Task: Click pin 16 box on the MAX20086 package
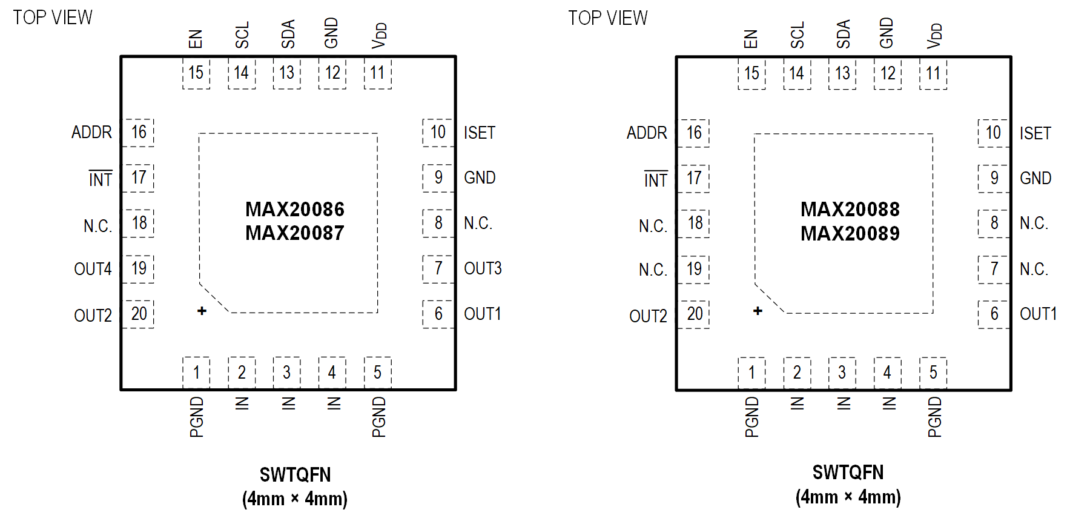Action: pyautogui.click(x=139, y=133)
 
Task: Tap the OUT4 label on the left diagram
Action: pyautogui.click(x=93, y=269)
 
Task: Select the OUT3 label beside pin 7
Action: pyautogui.click(x=483, y=268)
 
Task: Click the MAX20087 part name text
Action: pyautogui.click(x=294, y=233)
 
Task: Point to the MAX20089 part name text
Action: pyautogui.click(x=850, y=234)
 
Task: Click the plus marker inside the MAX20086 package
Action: pyautogui.click(x=202, y=311)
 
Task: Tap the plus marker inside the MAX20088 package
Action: pyautogui.click(x=758, y=311)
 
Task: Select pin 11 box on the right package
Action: pyautogui.click(x=933, y=73)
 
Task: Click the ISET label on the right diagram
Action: pyautogui.click(x=1035, y=133)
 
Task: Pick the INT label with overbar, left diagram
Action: pyautogui.click(x=100, y=179)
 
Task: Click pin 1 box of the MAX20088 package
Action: pyautogui.click(x=751, y=373)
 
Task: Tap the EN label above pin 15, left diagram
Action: pyautogui.click(x=195, y=39)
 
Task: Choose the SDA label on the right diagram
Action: pyautogui.click(x=843, y=34)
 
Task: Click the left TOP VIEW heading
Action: pyautogui.click(x=53, y=18)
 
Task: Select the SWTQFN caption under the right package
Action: pyautogui.click(x=848, y=473)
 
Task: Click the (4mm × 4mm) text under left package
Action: pyautogui.click(x=294, y=499)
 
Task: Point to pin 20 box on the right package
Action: pyautogui.click(x=695, y=314)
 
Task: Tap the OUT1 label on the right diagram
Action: pyautogui.click(x=1038, y=314)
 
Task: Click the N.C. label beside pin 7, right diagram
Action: pyautogui.click(x=1034, y=269)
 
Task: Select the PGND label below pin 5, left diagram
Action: pyautogui.click(x=378, y=417)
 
